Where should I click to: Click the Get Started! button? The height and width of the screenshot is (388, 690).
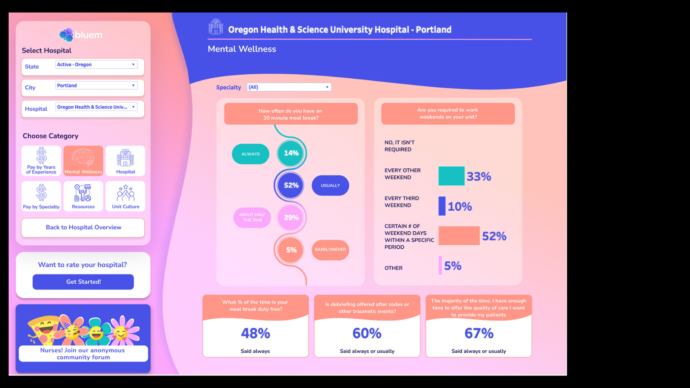click(83, 282)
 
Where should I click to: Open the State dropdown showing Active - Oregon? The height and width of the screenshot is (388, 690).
click(96, 65)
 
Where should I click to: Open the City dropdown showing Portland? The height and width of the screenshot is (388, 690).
click(96, 86)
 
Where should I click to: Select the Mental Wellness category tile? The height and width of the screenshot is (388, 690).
click(83, 161)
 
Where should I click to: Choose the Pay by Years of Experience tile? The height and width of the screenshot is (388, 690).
click(41, 161)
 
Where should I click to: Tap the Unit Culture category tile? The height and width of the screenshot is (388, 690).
click(125, 196)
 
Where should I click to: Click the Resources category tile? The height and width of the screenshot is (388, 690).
click(83, 196)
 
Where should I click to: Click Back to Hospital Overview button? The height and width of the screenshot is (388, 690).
click(83, 227)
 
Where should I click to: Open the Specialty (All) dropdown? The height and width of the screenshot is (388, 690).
click(289, 87)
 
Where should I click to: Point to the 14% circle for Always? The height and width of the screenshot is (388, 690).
click(291, 153)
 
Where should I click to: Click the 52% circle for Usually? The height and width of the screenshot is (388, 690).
click(291, 185)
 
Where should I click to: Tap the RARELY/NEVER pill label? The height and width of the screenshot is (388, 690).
click(330, 250)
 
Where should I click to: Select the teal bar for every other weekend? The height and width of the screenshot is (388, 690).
click(451, 176)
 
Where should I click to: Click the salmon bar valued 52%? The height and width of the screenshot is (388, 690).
click(459, 236)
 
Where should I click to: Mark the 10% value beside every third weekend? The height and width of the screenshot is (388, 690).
click(460, 207)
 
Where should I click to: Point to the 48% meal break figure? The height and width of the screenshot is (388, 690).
click(256, 333)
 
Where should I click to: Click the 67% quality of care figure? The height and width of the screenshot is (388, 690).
click(479, 333)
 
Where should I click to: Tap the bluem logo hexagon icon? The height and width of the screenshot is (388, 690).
click(66, 35)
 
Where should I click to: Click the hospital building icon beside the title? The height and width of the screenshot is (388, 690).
click(216, 27)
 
